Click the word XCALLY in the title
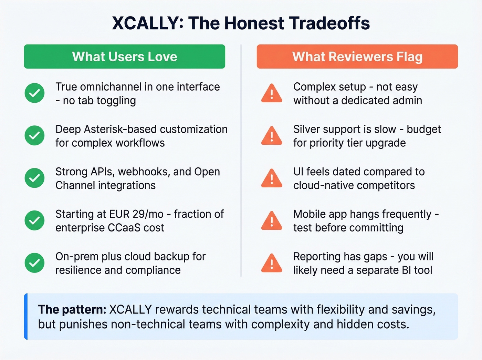click(144, 23)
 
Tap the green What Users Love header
click(124, 56)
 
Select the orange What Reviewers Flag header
click(357, 56)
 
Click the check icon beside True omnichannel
click(34, 93)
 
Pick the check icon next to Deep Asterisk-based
click(34, 135)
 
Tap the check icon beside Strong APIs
click(34, 178)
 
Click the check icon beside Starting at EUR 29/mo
click(34, 220)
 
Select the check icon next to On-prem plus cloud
click(34, 263)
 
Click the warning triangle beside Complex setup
click(272, 94)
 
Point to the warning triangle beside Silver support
click(272, 136)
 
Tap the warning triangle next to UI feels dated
click(272, 178)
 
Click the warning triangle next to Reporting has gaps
click(272, 264)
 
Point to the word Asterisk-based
click(120, 129)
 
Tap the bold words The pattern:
click(72, 309)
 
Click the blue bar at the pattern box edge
click(26, 316)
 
